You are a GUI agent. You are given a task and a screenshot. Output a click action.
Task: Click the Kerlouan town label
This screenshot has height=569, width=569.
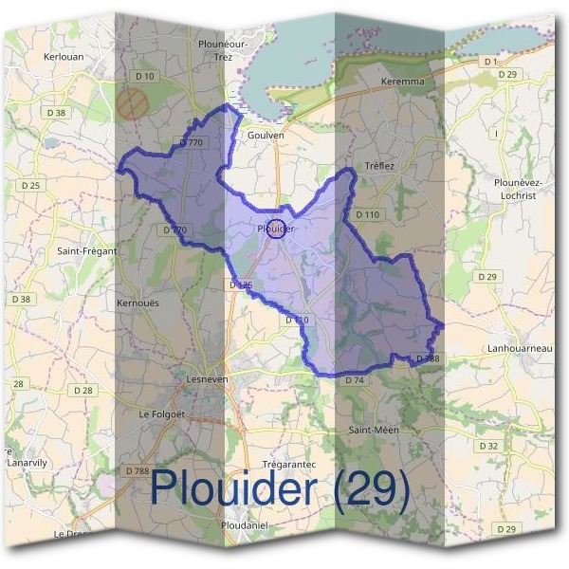(64, 57)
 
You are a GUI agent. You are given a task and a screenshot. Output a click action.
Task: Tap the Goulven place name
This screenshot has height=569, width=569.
(266, 136)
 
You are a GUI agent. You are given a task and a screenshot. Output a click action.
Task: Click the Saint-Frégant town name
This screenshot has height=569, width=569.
(86, 250)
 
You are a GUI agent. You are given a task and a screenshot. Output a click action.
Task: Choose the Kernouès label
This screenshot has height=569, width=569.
(137, 303)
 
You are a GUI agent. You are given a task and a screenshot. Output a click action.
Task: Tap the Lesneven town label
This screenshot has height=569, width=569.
(206, 378)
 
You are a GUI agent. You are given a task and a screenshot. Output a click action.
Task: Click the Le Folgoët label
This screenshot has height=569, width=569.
(164, 413)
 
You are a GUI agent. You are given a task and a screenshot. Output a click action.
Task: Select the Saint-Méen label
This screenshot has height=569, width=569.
(374, 430)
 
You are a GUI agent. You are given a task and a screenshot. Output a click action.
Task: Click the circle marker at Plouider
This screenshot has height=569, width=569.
(276, 229)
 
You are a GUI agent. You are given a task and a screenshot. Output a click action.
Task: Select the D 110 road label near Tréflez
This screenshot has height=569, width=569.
(367, 215)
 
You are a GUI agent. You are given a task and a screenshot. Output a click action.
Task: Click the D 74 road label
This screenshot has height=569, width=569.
(355, 379)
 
